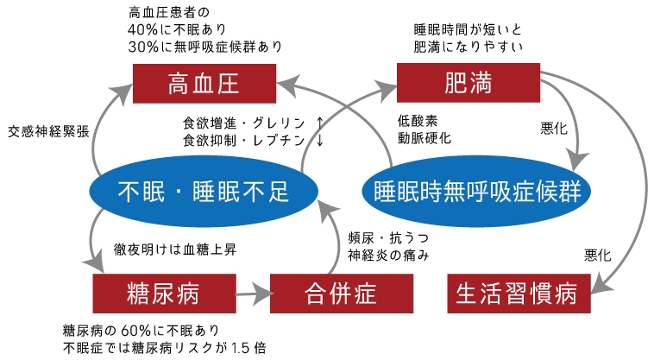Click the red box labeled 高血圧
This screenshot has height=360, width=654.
(x=204, y=84)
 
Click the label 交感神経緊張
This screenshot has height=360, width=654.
(x=48, y=132)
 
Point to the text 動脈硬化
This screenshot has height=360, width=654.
(x=423, y=138)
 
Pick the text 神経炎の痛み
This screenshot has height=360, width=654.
(x=388, y=255)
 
